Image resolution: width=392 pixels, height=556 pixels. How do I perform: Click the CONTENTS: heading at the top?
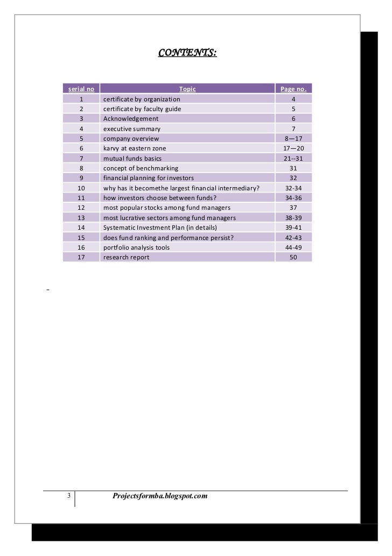point(187,53)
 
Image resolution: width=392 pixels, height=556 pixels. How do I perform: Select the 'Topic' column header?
point(187,89)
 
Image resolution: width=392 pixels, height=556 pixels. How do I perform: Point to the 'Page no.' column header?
point(293,89)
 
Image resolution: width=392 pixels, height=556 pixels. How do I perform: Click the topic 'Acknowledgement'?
point(131,119)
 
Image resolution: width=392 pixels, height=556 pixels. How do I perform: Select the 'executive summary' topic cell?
point(132,129)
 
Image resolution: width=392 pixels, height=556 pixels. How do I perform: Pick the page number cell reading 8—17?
point(293,139)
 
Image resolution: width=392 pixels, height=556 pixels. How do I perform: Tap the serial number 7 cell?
point(81,159)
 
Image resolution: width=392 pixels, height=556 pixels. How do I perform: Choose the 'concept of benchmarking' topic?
point(141,168)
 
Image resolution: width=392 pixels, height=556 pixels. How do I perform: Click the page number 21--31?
point(293,159)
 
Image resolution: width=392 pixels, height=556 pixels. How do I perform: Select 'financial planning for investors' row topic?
point(149,178)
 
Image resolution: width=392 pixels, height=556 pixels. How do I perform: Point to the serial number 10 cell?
point(81,188)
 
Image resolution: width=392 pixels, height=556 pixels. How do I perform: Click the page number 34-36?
point(293,198)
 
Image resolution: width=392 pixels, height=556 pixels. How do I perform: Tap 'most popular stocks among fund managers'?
point(167,208)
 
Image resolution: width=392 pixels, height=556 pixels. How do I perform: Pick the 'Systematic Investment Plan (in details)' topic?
point(160,228)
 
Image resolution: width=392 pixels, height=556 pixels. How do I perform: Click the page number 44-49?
point(293,248)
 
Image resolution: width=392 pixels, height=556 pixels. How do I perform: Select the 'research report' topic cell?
point(126,257)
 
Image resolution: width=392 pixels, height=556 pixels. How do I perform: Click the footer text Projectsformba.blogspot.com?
point(159,496)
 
